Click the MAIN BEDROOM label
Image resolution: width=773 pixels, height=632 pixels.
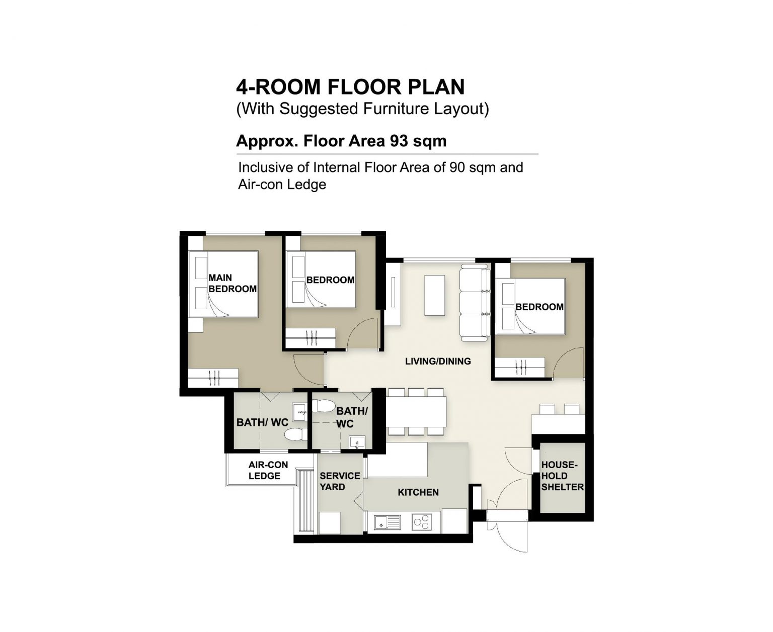233,283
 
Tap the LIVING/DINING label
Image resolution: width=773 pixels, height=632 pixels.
438,362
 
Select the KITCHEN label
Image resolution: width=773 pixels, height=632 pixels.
418,492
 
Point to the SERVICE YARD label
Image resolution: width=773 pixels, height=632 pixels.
339,481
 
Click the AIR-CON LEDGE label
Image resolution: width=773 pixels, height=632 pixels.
268,470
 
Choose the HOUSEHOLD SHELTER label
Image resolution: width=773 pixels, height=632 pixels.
562,476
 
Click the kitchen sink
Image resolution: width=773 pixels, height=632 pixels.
386,522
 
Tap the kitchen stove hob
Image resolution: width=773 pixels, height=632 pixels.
422,522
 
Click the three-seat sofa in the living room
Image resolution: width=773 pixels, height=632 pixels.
475,303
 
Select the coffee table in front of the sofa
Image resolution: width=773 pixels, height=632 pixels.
435,295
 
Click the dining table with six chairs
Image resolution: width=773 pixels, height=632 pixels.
417,412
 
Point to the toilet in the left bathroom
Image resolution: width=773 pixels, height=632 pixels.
296,434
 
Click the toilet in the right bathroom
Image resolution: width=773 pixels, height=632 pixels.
323,405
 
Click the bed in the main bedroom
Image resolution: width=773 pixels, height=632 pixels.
223,284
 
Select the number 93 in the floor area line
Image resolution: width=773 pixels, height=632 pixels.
399,141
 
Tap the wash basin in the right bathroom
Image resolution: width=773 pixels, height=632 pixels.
356,442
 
